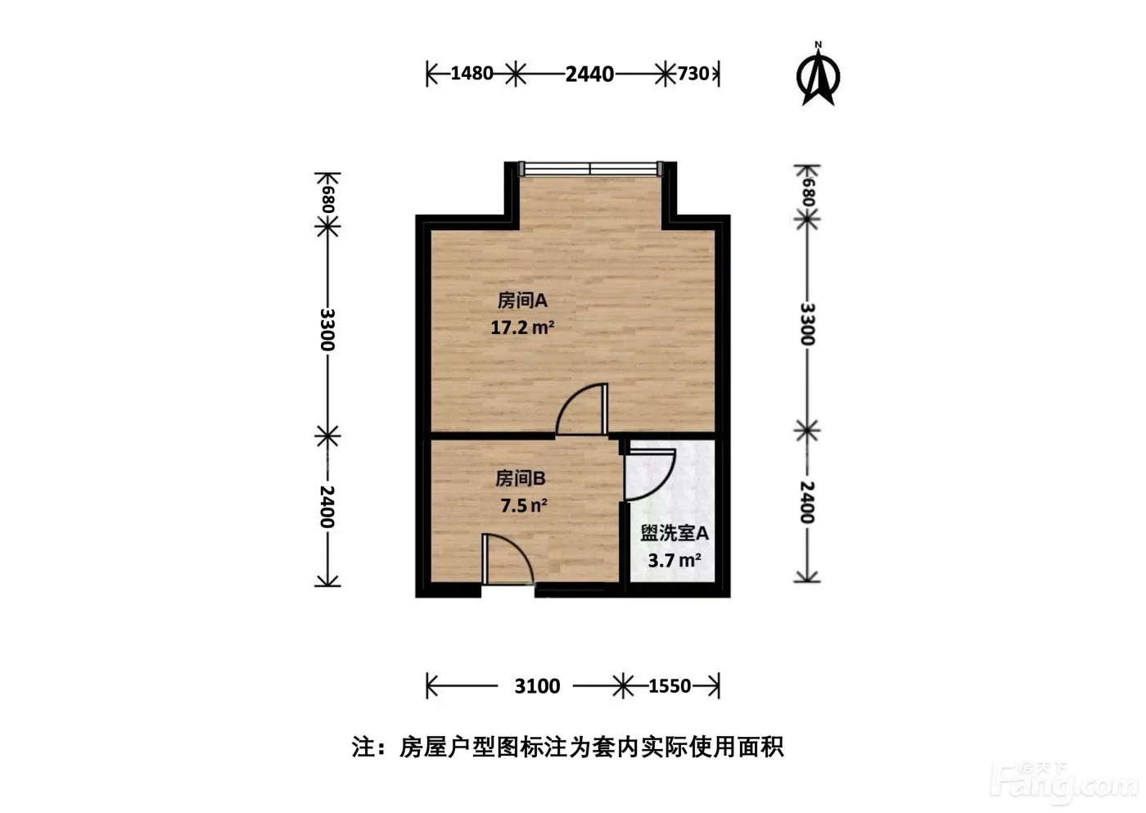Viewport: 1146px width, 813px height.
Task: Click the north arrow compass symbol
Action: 818,75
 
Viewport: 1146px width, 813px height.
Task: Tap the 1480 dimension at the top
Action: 471,74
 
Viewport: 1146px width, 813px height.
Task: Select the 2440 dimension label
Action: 589,75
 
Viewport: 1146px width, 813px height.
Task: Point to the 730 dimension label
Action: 693,74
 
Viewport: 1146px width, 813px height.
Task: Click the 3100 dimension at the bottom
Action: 537,686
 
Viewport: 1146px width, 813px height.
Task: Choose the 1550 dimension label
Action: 670,686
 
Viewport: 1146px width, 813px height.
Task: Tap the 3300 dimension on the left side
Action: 327,329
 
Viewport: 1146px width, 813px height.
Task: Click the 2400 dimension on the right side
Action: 807,502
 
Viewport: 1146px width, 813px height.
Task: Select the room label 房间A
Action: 522,300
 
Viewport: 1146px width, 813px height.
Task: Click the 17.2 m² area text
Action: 522,327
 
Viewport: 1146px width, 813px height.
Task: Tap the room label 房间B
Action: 521,478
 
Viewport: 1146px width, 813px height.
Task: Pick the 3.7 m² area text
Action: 675,561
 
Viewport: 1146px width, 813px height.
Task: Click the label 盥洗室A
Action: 675,534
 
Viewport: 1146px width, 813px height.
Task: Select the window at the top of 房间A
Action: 590,169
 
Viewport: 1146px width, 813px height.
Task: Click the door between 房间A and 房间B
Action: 582,410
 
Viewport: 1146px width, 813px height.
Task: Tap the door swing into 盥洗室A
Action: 648,475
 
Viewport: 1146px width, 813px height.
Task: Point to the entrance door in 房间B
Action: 508,559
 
